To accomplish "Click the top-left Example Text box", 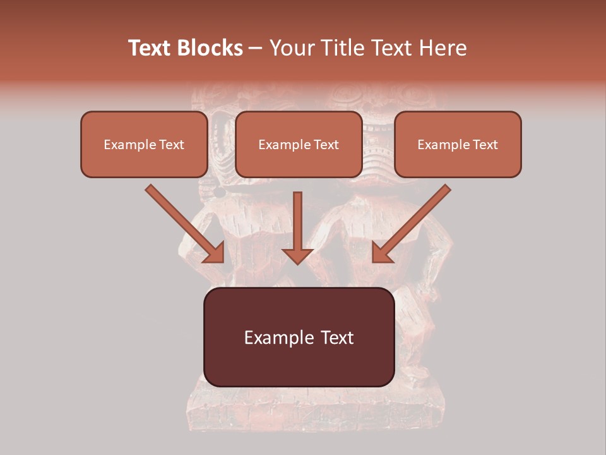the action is coord(144,144).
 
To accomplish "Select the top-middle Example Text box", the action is coord(299,144).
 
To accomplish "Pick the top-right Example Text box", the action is coord(458,144).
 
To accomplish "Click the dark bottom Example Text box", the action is coord(299,337).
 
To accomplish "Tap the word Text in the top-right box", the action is coord(485,145).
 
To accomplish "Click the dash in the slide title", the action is coord(256,48).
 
